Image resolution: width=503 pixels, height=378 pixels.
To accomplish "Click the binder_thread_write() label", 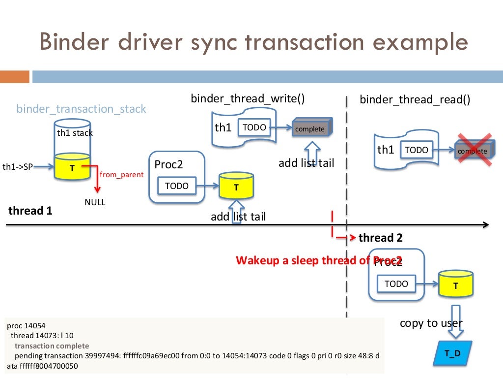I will [x=248, y=99].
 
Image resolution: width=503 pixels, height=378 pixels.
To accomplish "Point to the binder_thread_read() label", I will [x=415, y=100].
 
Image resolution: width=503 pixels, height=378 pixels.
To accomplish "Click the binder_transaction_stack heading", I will [x=81, y=109].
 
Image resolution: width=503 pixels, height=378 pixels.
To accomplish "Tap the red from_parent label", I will [x=121, y=174].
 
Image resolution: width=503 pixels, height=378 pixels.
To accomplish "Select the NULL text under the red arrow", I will [x=95, y=202].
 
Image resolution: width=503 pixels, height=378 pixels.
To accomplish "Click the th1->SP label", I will [x=18, y=167].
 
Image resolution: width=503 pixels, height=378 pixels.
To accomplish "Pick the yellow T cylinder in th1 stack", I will [x=72, y=167].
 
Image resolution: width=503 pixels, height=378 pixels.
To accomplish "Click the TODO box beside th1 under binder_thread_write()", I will [x=254, y=128].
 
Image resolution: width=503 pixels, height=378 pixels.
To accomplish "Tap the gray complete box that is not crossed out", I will [x=310, y=129].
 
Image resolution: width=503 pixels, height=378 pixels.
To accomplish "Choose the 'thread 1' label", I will [x=30, y=211].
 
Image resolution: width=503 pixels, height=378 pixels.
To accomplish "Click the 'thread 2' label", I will [x=380, y=238].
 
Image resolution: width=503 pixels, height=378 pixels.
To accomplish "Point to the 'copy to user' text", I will [x=431, y=323].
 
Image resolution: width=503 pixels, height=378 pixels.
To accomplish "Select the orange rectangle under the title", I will [x=14, y=77].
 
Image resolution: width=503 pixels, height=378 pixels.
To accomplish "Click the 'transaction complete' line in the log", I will [x=52, y=346].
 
